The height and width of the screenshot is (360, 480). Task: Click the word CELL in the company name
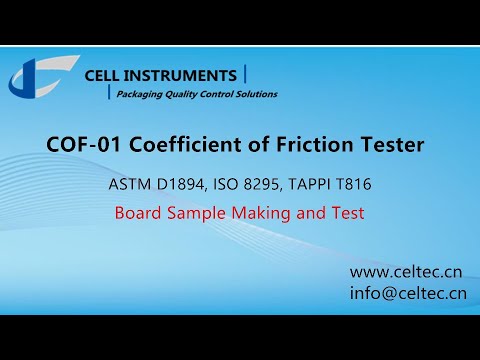(x=104, y=76)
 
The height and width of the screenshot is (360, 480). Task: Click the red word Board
(x=138, y=213)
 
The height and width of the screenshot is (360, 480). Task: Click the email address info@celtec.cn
(x=408, y=294)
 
